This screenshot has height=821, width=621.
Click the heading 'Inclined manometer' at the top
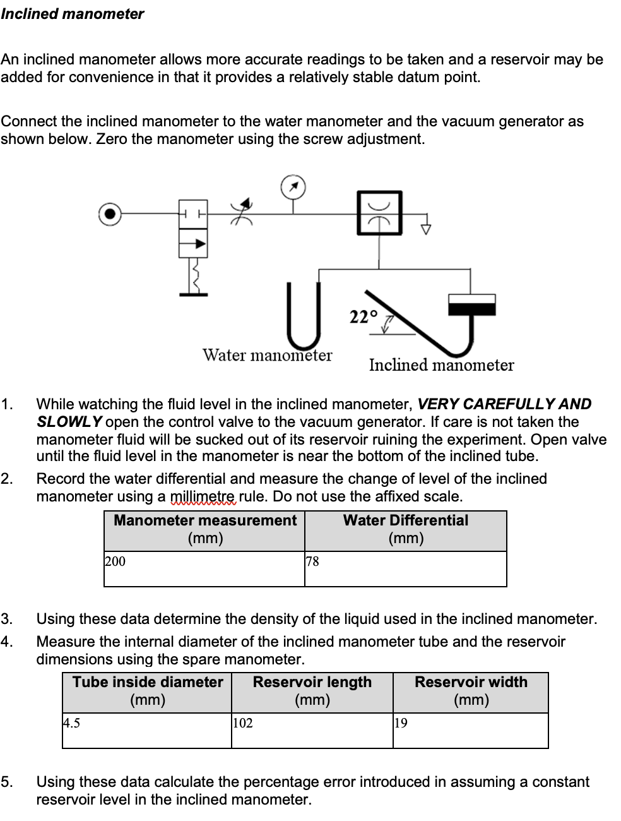(x=72, y=14)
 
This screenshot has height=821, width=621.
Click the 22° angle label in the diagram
(x=363, y=316)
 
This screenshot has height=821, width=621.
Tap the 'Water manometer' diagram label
(x=267, y=355)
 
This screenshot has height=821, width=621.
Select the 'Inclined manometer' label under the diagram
(x=441, y=365)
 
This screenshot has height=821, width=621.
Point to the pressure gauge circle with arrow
(x=293, y=187)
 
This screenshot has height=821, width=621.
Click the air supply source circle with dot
(x=110, y=214)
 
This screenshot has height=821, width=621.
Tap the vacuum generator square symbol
(x=379, y=213)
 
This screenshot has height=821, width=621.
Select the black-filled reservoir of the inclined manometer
(x=471, y=308)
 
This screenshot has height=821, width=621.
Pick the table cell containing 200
(x=204, y=568)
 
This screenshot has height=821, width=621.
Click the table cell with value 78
(x=405, y=568)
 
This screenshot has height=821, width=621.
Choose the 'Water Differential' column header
(x=405, y=529)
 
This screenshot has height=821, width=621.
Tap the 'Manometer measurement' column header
(x=204, y=529)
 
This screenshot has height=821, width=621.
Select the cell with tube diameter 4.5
(x=146, y=730)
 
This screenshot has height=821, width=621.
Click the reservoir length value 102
(x=312, y=730)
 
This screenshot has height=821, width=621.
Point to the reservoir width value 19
(x=470, y=730)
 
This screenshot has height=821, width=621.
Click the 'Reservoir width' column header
(x=471, y=691)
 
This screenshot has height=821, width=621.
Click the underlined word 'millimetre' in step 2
(x=203, y=496)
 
